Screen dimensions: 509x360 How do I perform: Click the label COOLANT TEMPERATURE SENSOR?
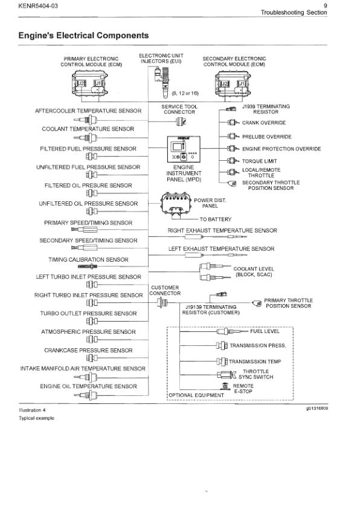click(88, 129)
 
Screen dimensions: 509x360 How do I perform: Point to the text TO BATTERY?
click(216, 219)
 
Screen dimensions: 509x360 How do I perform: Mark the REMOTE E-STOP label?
click(243, 388)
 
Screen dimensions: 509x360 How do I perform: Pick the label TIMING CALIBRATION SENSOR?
click(88, 259)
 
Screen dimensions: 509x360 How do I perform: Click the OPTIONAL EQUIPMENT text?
click(189, 395)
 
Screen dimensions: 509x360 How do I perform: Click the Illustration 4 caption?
click(33, 410)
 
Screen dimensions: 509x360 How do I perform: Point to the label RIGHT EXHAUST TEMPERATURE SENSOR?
click(222, 230)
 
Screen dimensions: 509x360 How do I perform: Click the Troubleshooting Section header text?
click(294, 13)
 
